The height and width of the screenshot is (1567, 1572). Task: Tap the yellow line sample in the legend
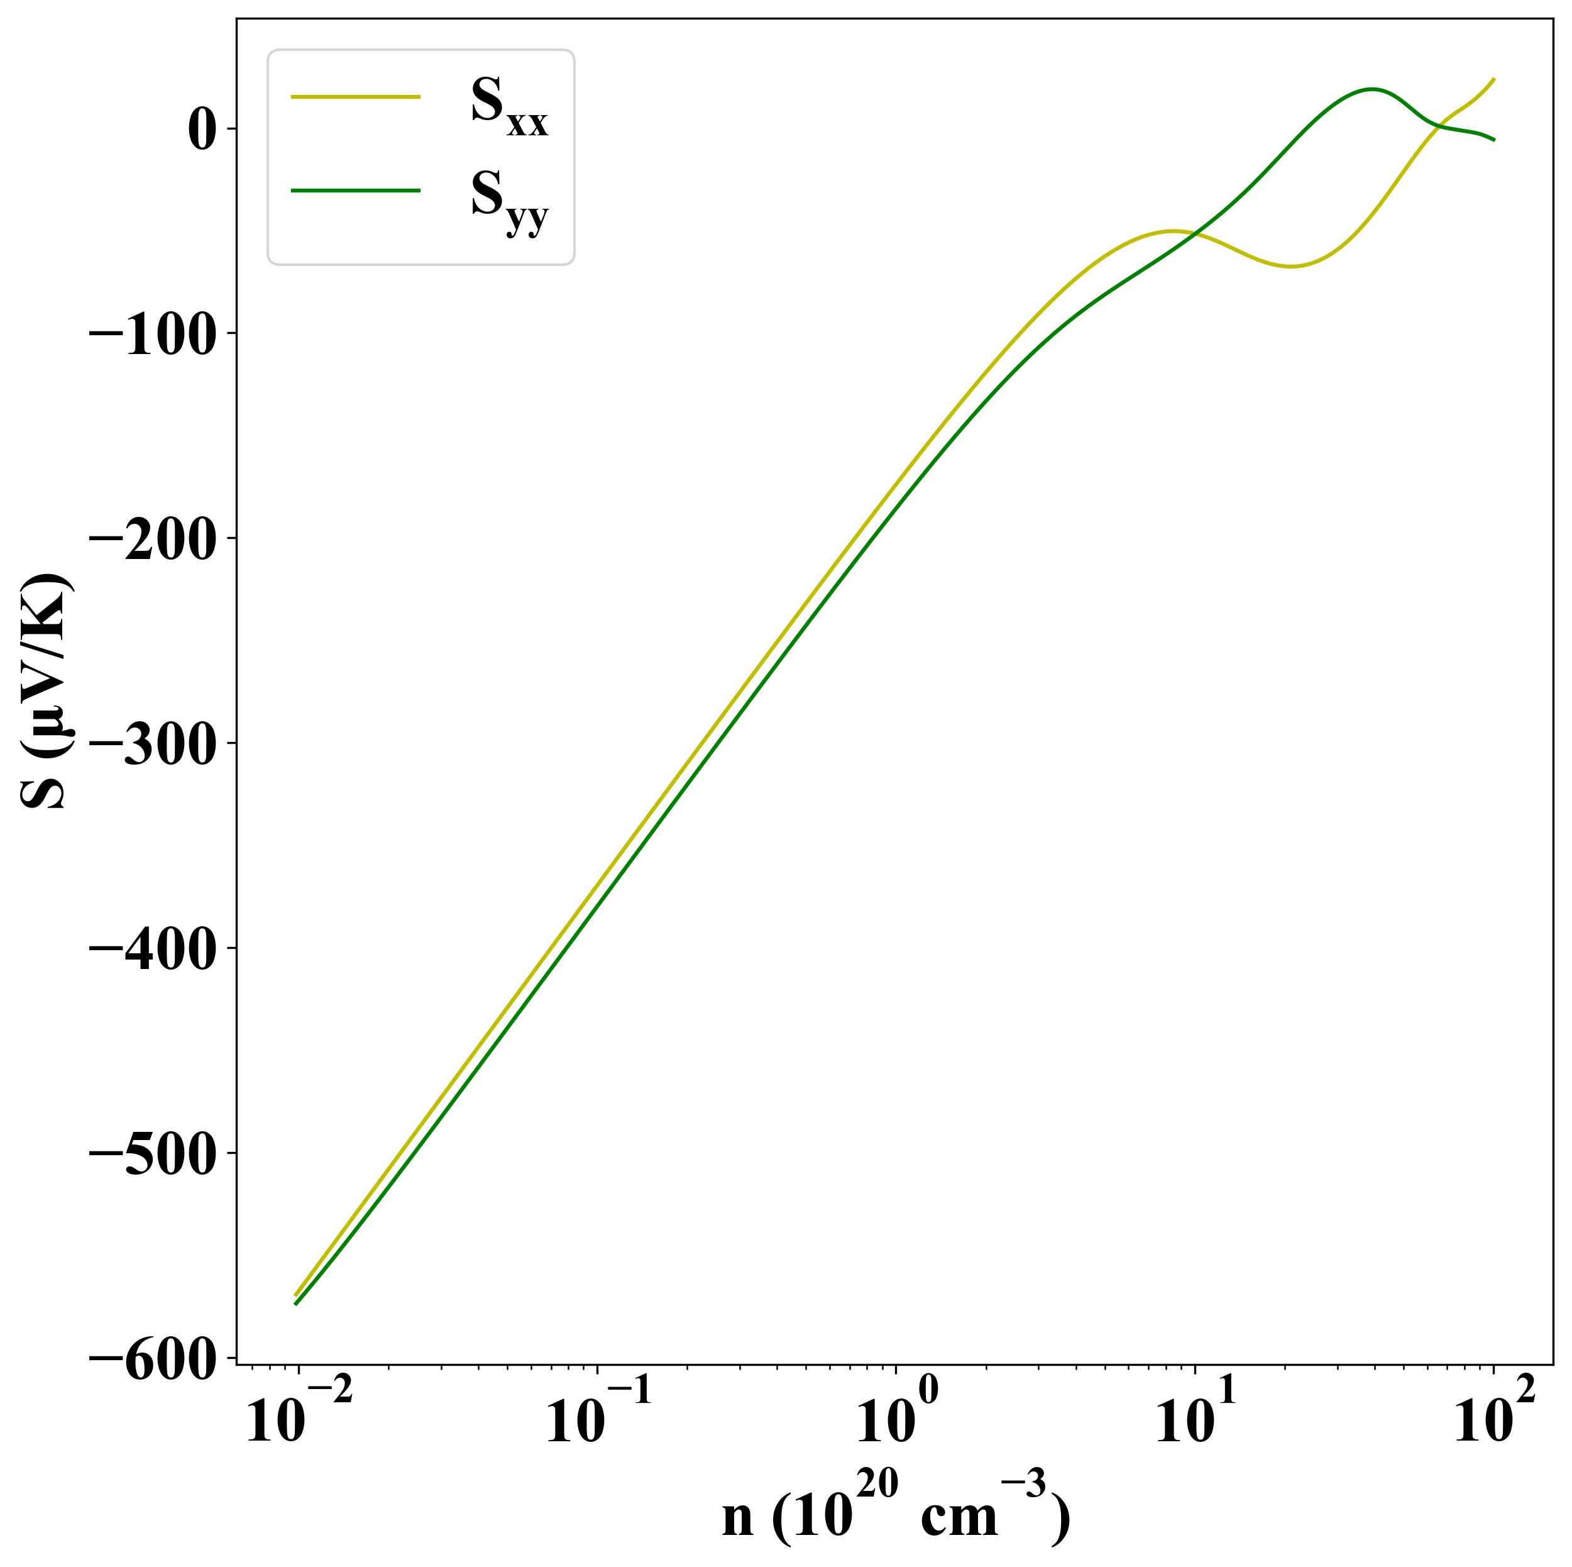pos(356,97)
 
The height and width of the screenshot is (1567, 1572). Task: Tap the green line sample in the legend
pos(356,191)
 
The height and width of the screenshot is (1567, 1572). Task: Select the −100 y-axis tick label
pos(152,334)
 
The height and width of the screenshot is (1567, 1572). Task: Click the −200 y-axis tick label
pos(152,539)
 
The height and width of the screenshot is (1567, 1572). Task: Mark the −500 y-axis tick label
pos(152,1154)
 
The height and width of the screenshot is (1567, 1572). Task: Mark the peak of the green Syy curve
pos(1372,89)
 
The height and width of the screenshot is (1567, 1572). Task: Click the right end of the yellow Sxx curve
pos(1494,79)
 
